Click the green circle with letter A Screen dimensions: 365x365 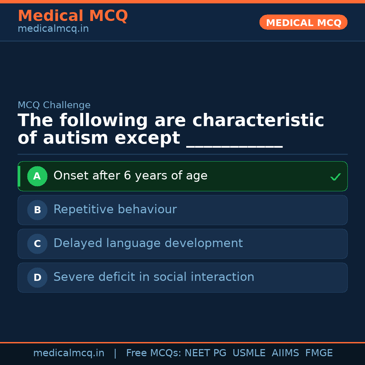click(x=37, y=176)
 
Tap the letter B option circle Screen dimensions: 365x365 click(x=37, y=210)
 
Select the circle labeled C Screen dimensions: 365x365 click(x=37, y=244)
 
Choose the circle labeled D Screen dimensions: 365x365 click(x=37, y=277)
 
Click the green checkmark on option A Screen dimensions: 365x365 click(x=335, y=177)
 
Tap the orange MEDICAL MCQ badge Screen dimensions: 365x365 click(x=303, y=22)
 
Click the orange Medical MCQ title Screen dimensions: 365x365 click(x=73, y=16)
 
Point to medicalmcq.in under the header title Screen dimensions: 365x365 click(x=53, y=29)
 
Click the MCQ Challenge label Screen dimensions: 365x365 click(x=54, y=105)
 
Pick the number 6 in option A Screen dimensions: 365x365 click(x=127, y=176)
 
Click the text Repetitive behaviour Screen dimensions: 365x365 click(x=115, y=210)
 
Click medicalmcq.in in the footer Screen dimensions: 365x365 click(x=69, y=353)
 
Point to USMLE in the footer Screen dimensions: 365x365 click(x=249, y=353)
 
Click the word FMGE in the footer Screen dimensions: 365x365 click(x=319, y=353)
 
